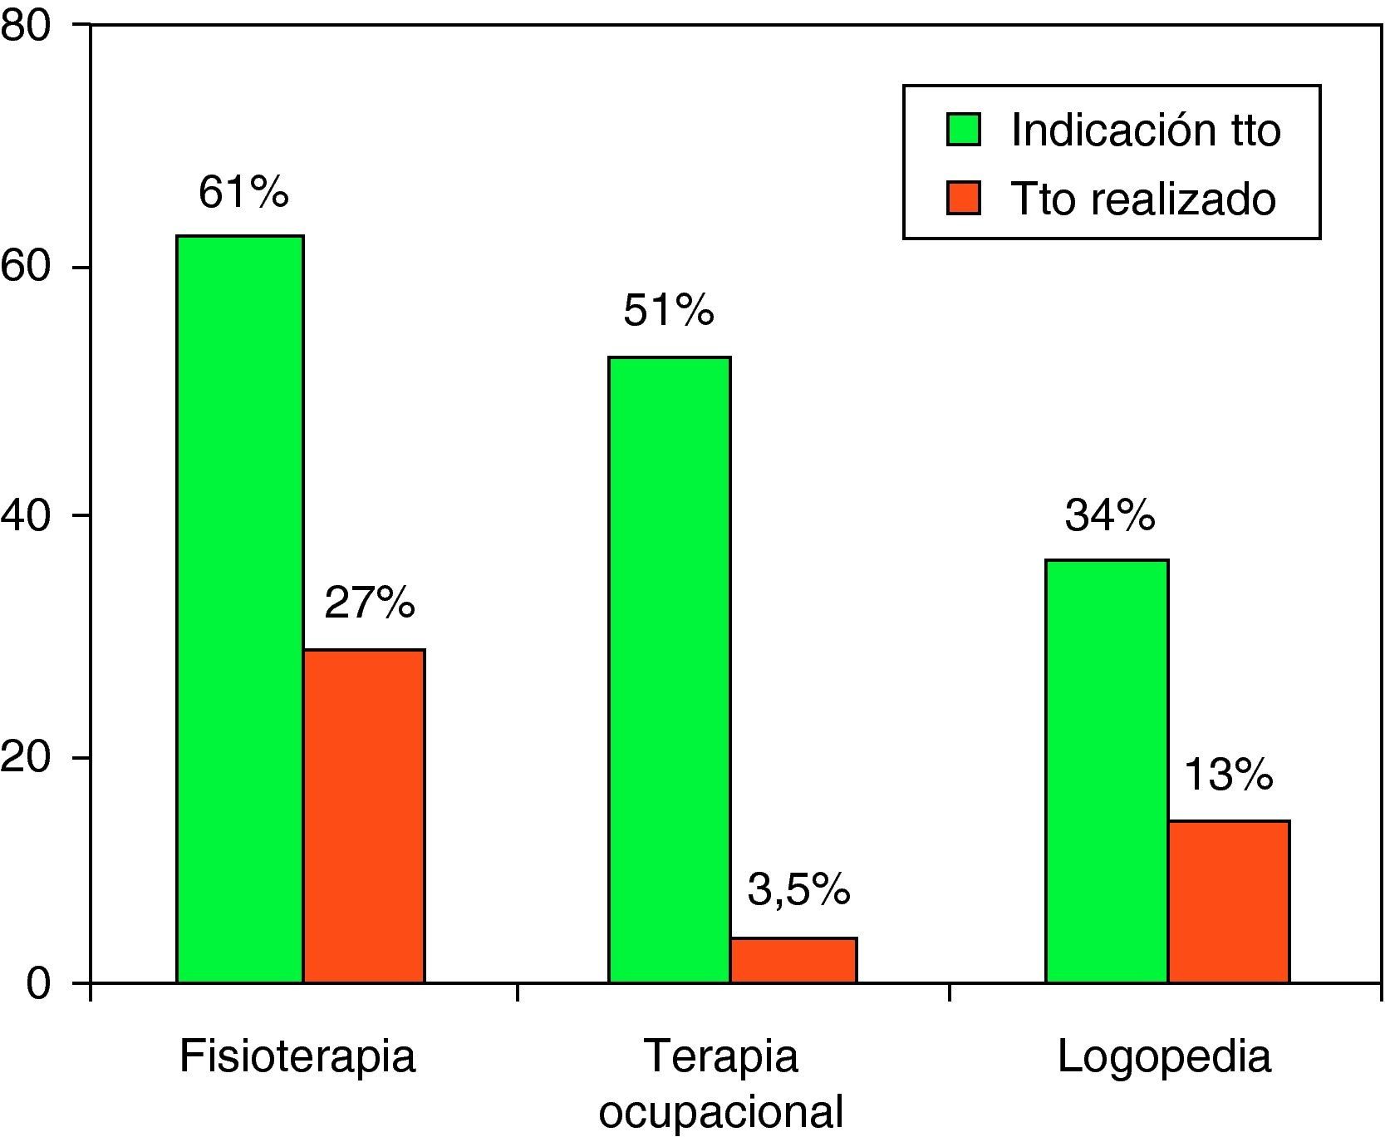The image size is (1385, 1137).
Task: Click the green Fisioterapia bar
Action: (x=239, y=609)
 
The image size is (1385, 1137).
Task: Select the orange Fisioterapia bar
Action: (x=364, y=816)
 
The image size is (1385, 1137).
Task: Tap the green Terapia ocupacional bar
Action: (x=669, y=670)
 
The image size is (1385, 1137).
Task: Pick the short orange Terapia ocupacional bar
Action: (x=793, y=961)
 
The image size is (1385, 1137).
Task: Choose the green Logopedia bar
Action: (x=1107, y=771)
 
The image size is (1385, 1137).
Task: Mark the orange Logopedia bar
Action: (x=1229, y=902)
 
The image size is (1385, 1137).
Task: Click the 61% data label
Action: (x=243, y=193)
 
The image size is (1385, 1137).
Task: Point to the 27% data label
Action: (x=369, y=603)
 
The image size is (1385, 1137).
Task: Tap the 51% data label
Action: (x=669, y=313)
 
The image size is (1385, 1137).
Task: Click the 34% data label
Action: (x=1110, y=516)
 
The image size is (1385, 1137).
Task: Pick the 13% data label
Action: (x=1228, y=776)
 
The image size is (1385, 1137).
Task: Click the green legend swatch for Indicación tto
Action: (x=964, y=130)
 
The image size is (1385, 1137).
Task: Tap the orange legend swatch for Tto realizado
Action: (x=964, y=199)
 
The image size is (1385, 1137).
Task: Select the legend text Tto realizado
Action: (x=1143, y=199)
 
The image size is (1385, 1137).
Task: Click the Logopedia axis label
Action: (x=1164, y=1057)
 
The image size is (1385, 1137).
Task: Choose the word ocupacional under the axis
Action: (x=720, y=1113)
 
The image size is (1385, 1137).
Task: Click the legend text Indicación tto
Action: (x=1146, y=130)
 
